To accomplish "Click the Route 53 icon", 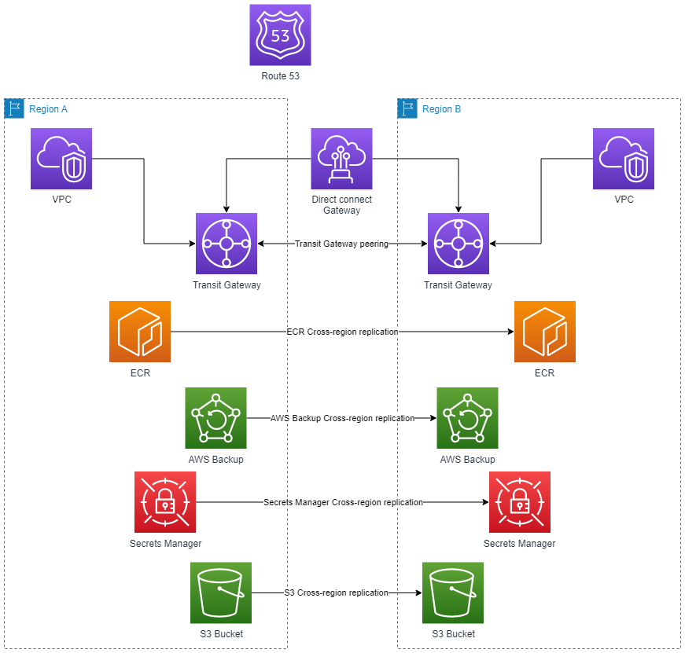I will (280, 35).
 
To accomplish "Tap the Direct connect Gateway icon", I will (341, 159).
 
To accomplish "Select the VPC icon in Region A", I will (61, 159).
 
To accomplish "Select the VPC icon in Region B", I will (624, 159).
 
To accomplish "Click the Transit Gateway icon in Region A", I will (226, 244).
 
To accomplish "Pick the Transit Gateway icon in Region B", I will (459, 244).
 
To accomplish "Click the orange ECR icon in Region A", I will (140, 332).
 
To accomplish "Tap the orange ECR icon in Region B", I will (545, 332).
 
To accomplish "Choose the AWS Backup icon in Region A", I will (216, 418).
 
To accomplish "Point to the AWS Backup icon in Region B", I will (468, 418).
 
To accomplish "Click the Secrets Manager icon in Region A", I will (165, 502).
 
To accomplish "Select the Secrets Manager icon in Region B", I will (520, 502).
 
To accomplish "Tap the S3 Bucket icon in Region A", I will (221, 592).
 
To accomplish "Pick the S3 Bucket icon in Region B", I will (453, 592).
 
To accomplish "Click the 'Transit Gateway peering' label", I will (341, 244).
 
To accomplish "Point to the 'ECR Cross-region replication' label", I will (342, 332).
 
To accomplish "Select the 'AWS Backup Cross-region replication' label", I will (342, 418).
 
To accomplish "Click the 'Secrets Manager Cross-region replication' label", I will (343, 502).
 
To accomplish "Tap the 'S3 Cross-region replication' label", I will (336, 592).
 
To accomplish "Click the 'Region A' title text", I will (48, 109).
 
